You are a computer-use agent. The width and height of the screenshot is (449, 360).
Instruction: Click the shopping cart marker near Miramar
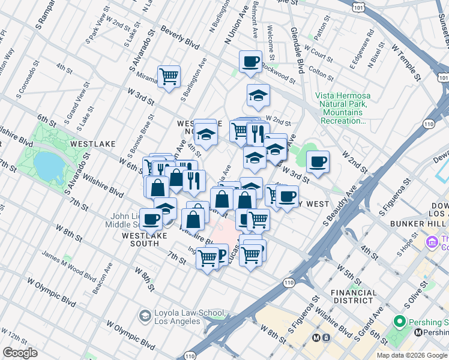coord(169,76)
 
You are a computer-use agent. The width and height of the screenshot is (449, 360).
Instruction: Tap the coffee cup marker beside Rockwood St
coord(250,61)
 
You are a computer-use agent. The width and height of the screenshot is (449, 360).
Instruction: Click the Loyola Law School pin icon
coord(145,315)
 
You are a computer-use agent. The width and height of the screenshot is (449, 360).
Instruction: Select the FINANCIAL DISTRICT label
coord(354,296)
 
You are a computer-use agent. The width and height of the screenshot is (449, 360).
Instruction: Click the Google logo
coord(20,353)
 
